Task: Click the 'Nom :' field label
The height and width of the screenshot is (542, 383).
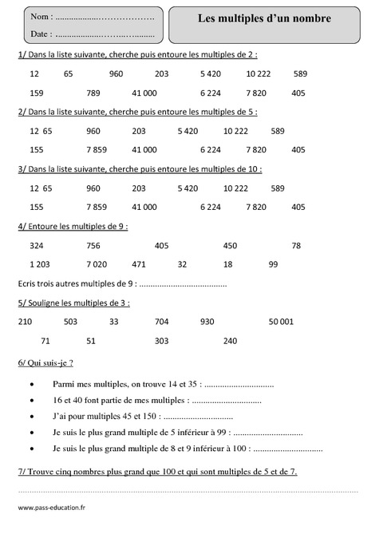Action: click(41, 17)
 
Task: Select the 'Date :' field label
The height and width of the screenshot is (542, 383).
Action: click(41, 34)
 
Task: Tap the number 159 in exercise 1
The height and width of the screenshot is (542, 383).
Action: click(37, 93)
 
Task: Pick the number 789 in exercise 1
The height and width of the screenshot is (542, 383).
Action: click(93, 93)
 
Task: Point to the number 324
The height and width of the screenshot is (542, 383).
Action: click(37, 245)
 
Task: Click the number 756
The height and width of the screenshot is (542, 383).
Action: click(93, 245)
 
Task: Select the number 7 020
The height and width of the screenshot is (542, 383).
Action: click(97, 264)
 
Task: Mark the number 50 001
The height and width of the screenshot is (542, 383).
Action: click(282, 322)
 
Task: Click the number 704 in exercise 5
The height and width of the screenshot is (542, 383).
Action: click(162, 322)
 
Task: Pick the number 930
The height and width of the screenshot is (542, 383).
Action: click(207, 322)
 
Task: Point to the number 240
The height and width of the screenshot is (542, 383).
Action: click(231, 341)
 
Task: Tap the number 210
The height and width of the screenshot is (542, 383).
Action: click(25, 322)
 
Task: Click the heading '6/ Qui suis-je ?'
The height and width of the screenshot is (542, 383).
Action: click(45, 362)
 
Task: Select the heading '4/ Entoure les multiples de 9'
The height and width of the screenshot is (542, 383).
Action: click(72, 226)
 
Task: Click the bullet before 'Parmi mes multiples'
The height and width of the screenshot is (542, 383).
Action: click(31, 385)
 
